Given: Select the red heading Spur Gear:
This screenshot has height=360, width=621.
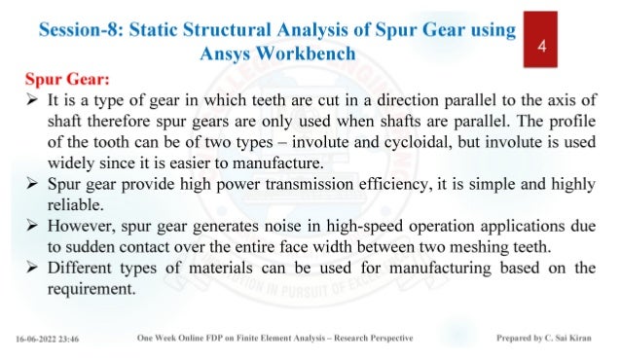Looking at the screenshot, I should tap(64, 76).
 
